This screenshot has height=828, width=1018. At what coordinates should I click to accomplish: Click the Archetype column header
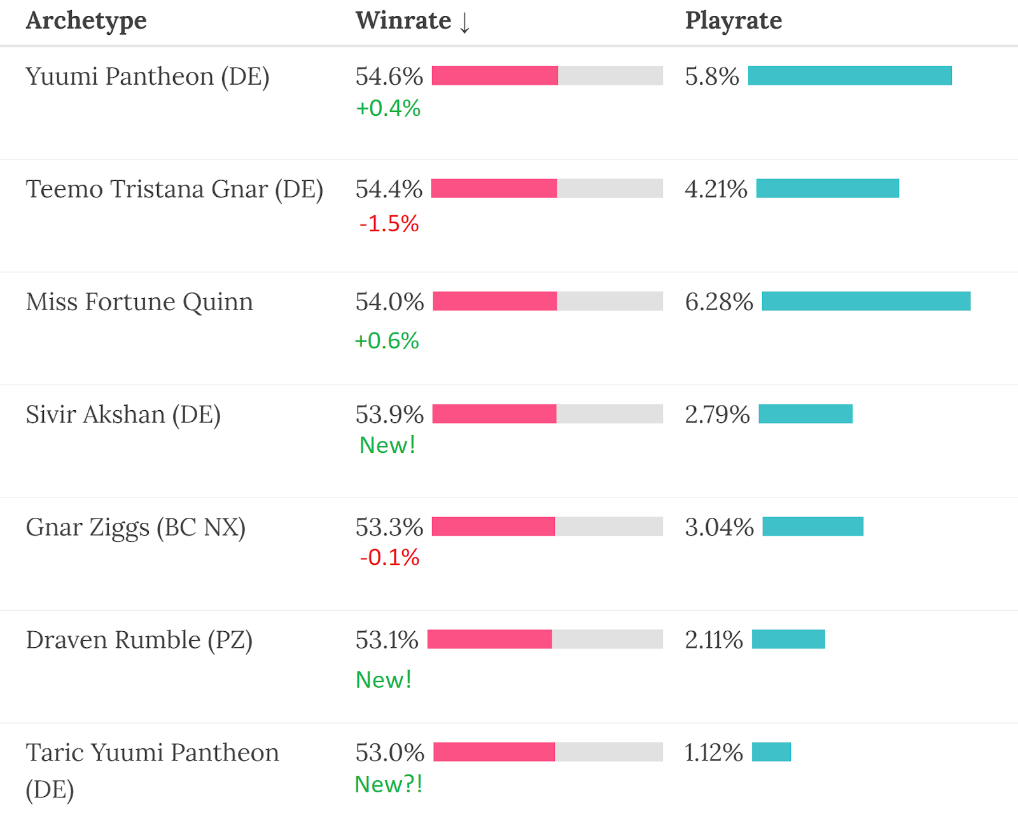[x=86, y=21]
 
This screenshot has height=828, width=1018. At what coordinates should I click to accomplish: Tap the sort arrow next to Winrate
[x=465, y=22]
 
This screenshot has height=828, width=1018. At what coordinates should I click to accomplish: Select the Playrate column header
[x=733, y=21]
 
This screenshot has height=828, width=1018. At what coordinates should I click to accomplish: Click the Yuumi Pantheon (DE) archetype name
[x=148, y=76]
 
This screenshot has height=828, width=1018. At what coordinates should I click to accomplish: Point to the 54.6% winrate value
[x=389, y=76]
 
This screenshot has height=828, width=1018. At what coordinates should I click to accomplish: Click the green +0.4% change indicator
[x=388, y=108]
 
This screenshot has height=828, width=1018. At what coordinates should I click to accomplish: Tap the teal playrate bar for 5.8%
[x=849, y=76]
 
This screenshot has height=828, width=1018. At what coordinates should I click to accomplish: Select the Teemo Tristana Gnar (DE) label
[x=174, y=189]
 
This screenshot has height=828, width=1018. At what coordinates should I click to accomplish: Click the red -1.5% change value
[x=389, y=224]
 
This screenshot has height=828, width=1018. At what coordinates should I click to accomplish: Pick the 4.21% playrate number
[x=716, y=189]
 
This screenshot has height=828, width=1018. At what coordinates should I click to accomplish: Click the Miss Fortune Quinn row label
[x=139, y=302]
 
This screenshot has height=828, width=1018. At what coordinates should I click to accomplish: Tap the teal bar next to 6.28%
[x=866, y=301]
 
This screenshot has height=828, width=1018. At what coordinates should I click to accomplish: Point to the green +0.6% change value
[x=387, y=341]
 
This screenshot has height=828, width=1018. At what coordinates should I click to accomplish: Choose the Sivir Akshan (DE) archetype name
[x=123, y=415]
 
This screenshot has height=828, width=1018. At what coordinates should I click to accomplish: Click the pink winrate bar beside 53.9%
[x=494, y=414]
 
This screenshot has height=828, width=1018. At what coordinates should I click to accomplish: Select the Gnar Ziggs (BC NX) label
[x=136, y=527]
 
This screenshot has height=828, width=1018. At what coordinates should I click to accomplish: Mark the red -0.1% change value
[x=389, y=557]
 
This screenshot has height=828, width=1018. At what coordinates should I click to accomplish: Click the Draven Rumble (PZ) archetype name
[x=139, y=640]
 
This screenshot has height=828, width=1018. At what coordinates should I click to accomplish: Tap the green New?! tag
[x=388, y=784]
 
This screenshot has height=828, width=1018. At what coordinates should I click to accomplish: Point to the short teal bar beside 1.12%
[x=771, y=752]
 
